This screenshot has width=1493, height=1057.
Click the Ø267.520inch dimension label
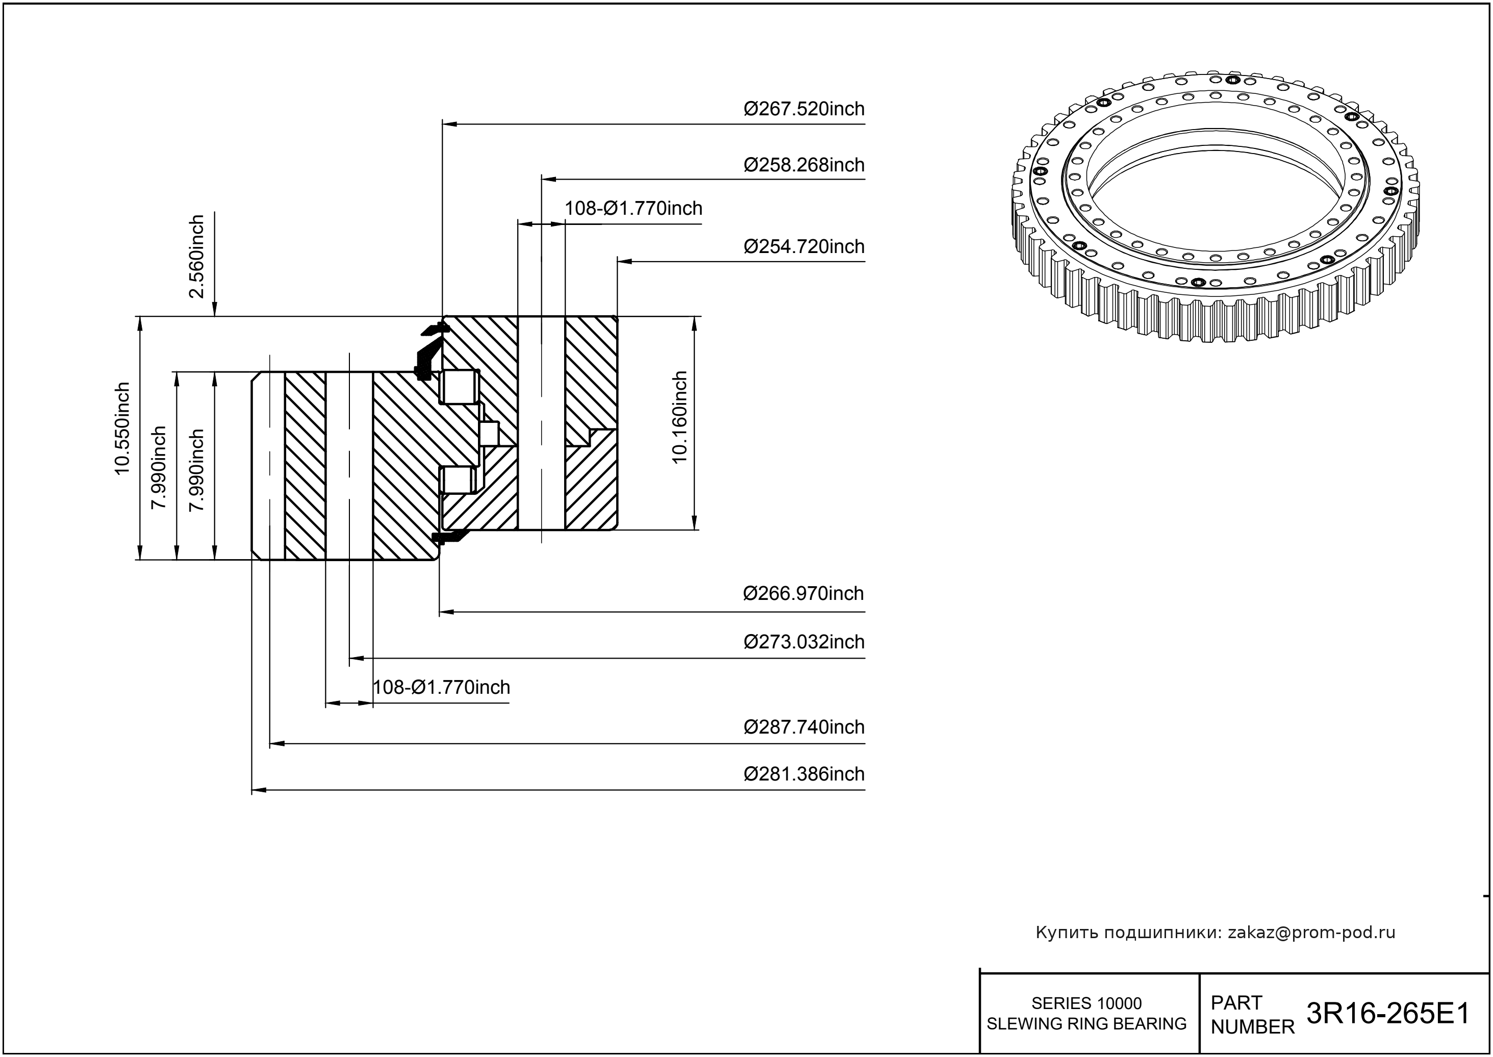[804, 109]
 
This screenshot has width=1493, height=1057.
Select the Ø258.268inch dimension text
[804, 165]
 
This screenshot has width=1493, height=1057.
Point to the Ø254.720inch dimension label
[804, 247]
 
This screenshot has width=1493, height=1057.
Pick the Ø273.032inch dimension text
[804, 642]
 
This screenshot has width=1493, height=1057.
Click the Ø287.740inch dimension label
[804, 727]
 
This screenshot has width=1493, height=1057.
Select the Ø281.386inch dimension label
[804, 774]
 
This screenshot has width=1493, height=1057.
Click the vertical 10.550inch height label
[122, 429]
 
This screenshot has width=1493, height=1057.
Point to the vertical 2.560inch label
[196, 257]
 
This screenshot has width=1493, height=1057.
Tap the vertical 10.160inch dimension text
[679, 417]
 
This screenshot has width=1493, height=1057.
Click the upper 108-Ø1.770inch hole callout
[633, 208]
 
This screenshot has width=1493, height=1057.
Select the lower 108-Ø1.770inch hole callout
[441, 687]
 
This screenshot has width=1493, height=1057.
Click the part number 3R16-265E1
[1387, 1014]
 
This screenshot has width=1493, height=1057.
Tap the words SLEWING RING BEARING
[1086, 1024]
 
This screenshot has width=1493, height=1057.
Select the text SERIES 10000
[1086, 1003]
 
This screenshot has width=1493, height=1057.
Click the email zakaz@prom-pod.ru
[1311, 933]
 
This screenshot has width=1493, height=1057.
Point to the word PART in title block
[1236, 1002]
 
